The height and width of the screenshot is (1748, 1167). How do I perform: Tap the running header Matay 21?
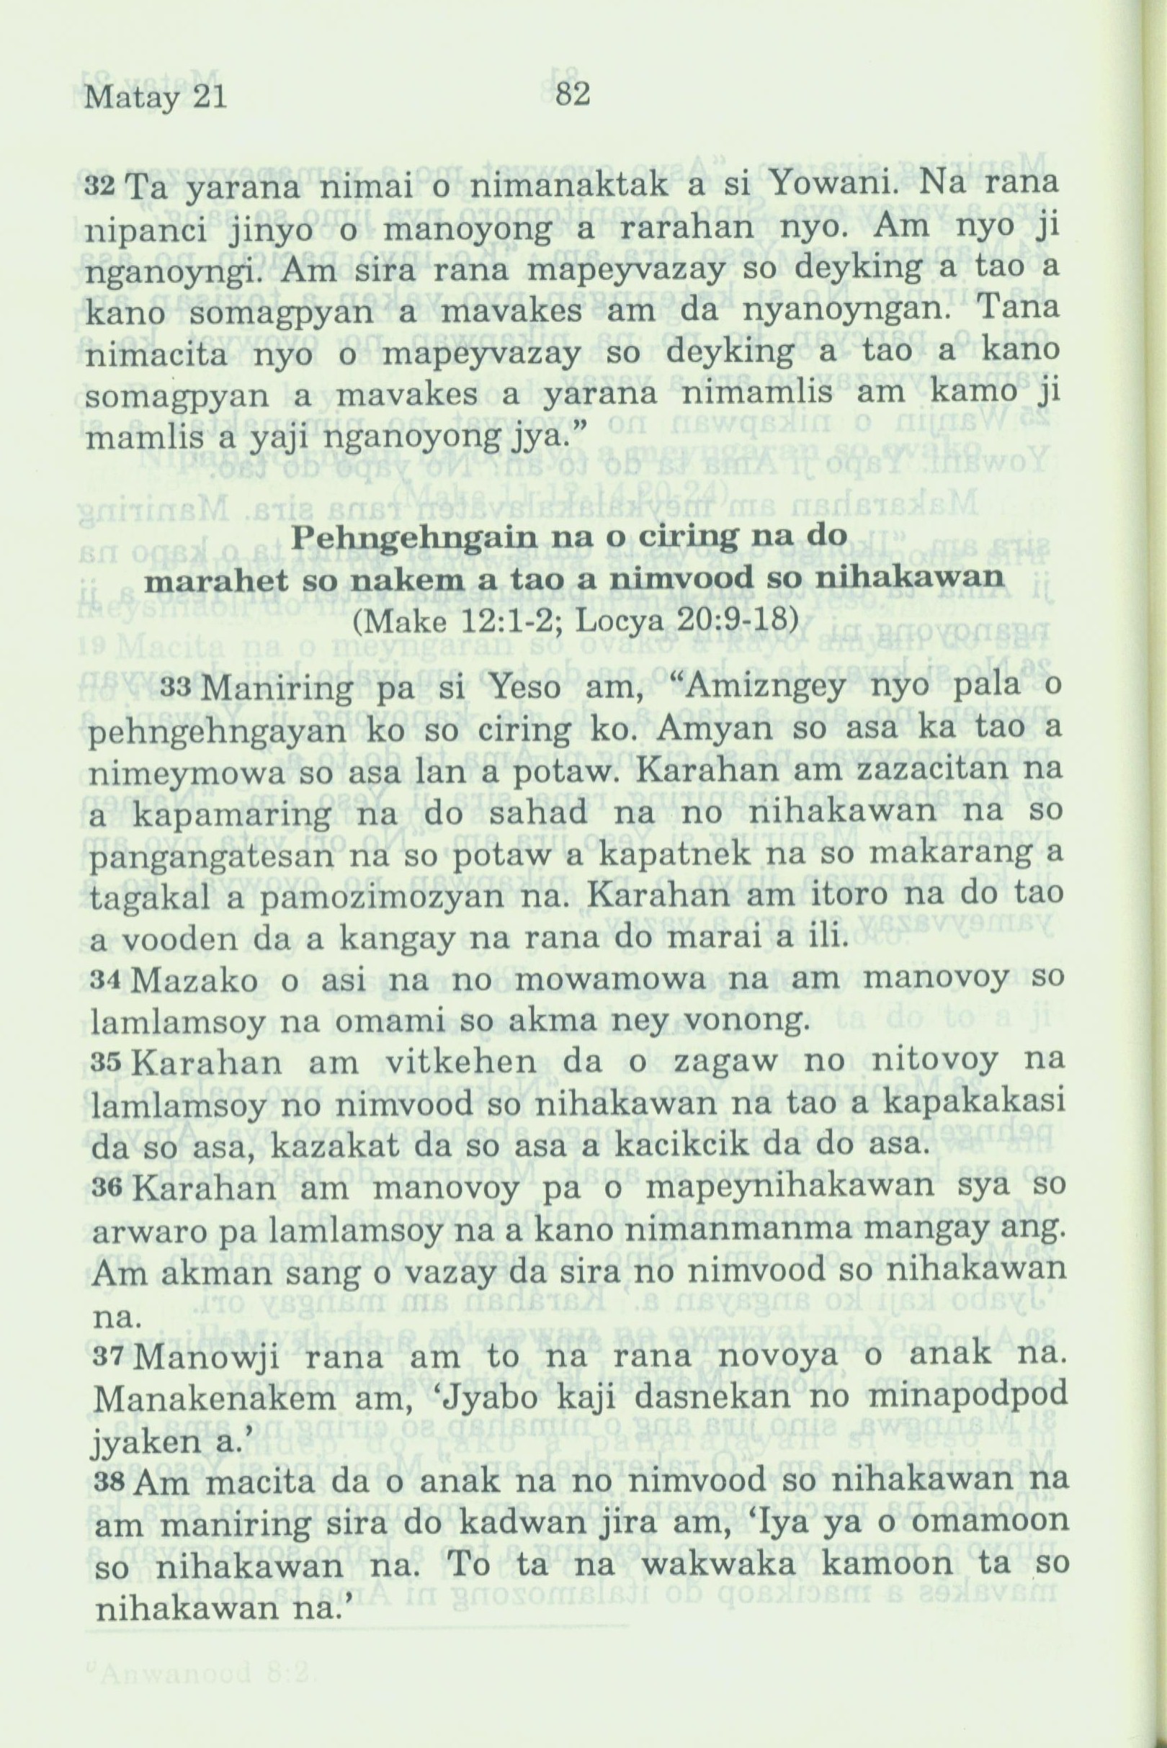coord(156,98)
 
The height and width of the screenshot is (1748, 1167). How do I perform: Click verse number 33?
coord(179,687)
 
